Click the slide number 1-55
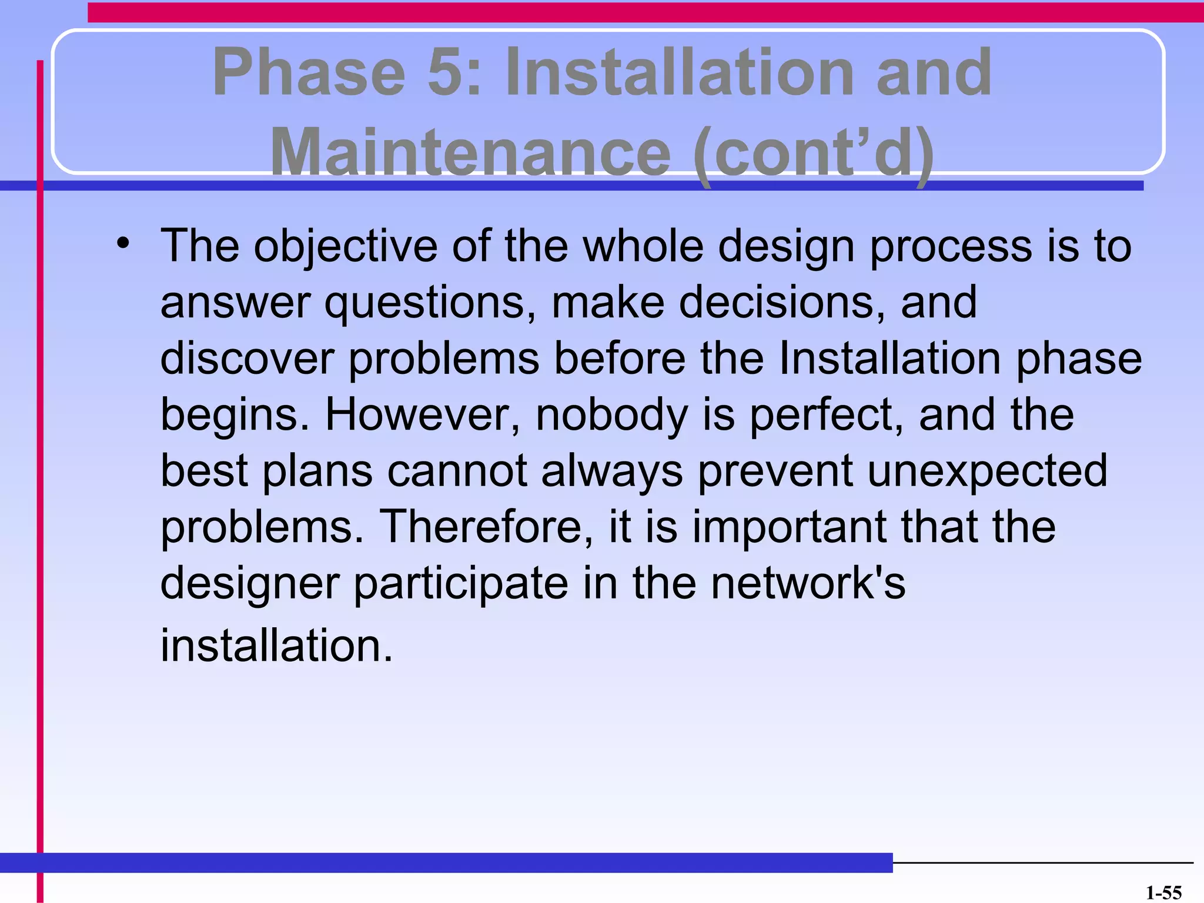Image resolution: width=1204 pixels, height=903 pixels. click(x=1163, y=892)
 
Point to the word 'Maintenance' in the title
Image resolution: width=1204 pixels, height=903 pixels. click(x=470, y=153)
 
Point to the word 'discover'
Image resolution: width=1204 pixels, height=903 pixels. click(x=247, y=359)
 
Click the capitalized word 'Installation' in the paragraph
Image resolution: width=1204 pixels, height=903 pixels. click(x=889, y=359)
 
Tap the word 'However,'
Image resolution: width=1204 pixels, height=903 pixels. click(x=423, y=415)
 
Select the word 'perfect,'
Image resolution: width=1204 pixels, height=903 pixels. click(x=827, y=415)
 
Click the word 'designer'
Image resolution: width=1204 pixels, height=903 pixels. click(x=250, y=584)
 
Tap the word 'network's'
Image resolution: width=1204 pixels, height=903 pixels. click(x=808, y=583)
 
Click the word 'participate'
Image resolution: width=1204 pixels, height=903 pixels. click(x=461, y=584)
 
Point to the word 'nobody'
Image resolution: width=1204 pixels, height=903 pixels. click(x=611, y=415)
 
